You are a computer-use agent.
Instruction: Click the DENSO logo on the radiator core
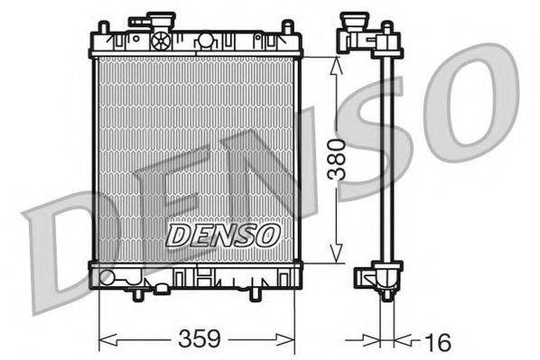click(x=223, y=235)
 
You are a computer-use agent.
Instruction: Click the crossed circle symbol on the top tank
click(x=162, y=40)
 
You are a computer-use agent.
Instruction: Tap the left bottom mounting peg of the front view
click(x=137, y=294)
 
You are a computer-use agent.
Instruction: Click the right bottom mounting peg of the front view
click(x=255, y=294)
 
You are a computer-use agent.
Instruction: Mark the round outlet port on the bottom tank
click(x=108, y=276)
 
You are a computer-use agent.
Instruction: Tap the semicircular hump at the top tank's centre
click(x=206, y=40)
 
